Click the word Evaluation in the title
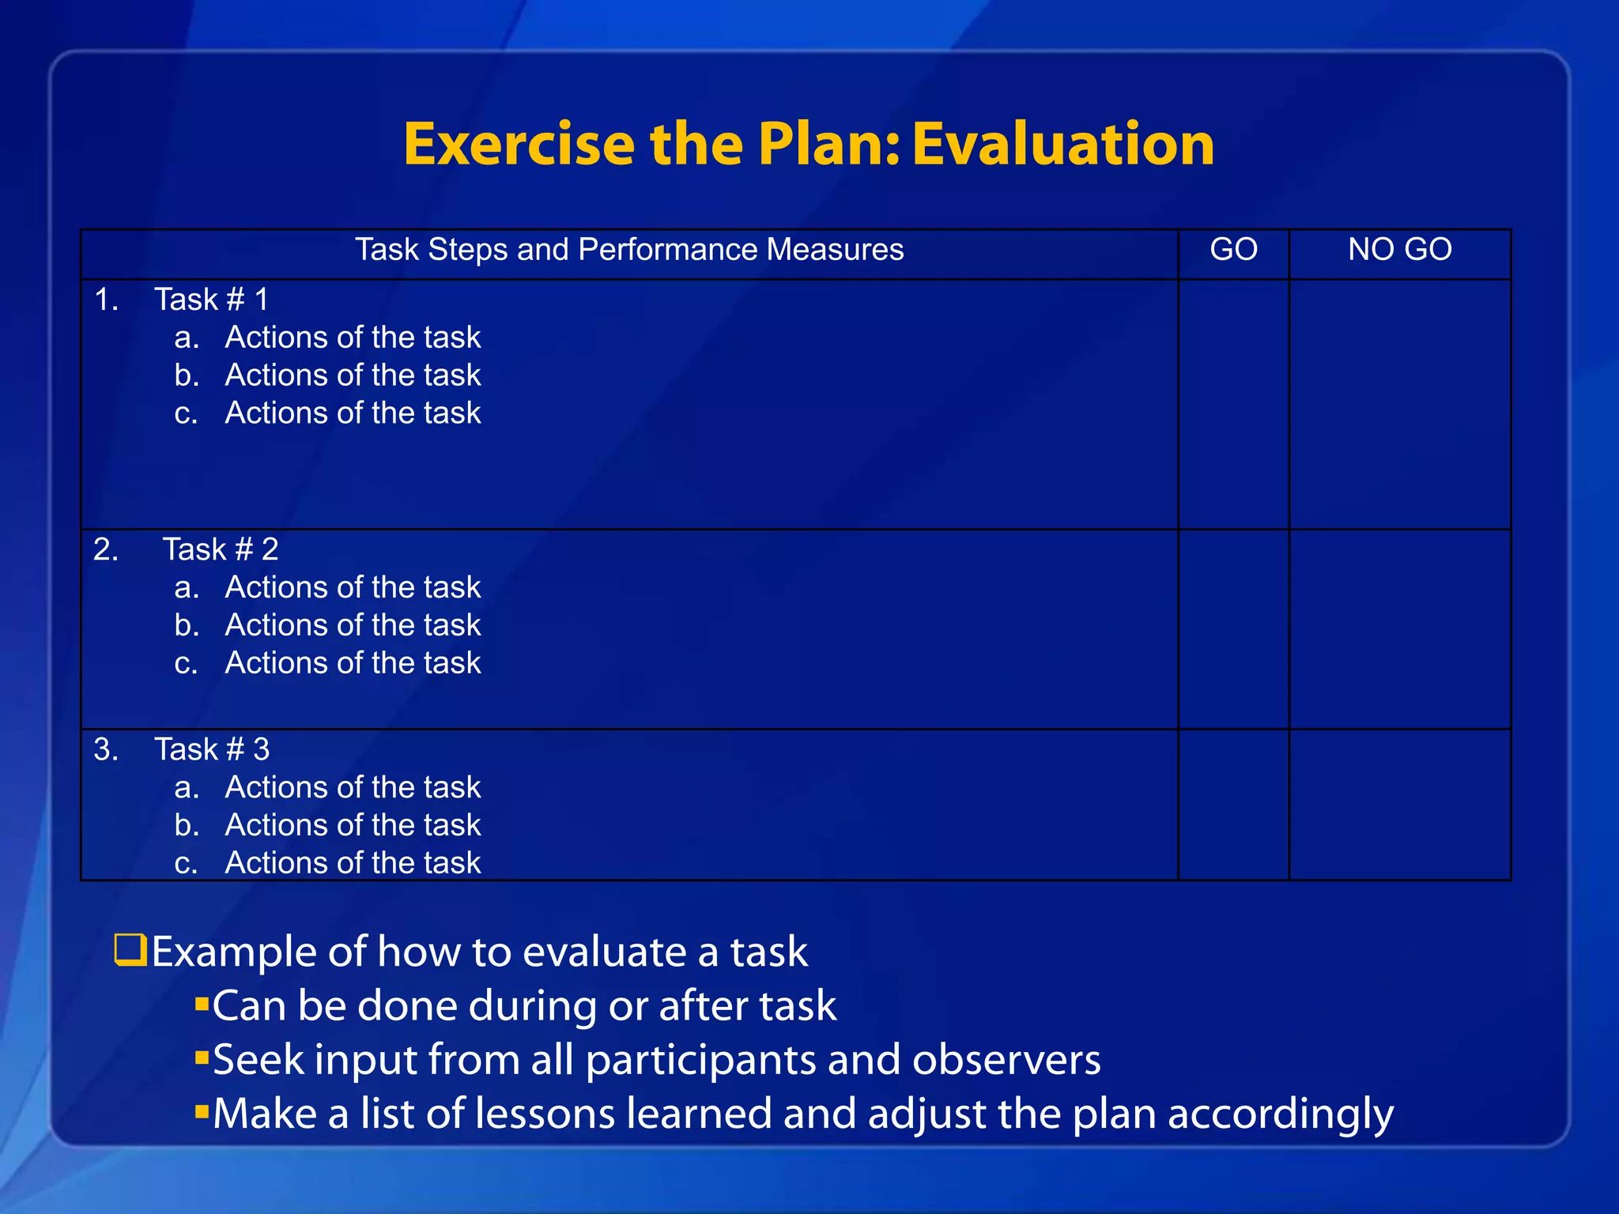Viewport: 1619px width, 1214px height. pos(1062,145)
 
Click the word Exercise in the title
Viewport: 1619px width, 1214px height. pos(519,145)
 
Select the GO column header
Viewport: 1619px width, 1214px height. pos(1233,250)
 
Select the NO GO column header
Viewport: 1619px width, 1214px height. pos(1399,250)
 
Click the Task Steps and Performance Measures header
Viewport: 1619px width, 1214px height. pos(628,250)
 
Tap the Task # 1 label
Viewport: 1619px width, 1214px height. pos(211,300)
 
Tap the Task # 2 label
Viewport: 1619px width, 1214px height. pos(220,549)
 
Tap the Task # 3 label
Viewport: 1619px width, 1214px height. pos(211,749)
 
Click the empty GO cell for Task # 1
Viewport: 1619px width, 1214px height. pos(1233,403)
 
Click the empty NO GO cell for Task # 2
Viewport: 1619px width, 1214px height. pos(1399,628)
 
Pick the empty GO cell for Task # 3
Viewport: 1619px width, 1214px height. pos(1233,804)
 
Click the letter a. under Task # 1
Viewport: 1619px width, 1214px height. pos(187,338)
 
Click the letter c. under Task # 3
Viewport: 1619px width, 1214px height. pos(186,863)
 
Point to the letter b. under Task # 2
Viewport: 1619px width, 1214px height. pos(187,625)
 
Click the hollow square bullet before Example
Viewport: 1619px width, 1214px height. pos(130,950)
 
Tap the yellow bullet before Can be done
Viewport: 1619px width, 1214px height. pos(202,1004)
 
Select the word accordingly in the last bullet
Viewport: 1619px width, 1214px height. pos(1280,1114)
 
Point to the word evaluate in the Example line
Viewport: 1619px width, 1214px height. pos(596,952)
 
